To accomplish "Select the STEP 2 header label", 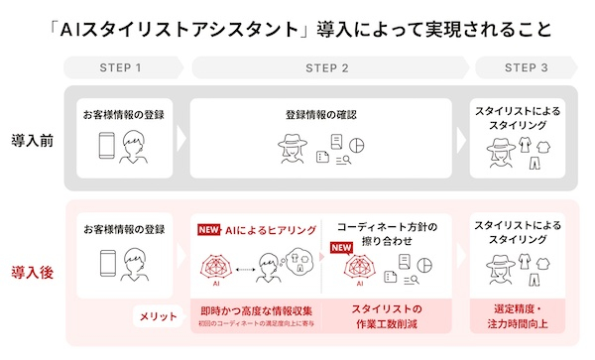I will point(327,68).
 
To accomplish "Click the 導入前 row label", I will point(33,140).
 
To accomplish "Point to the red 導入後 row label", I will point(33,271).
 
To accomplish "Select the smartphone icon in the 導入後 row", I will point(106,264).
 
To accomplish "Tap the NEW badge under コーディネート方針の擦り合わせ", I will point(341,248).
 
